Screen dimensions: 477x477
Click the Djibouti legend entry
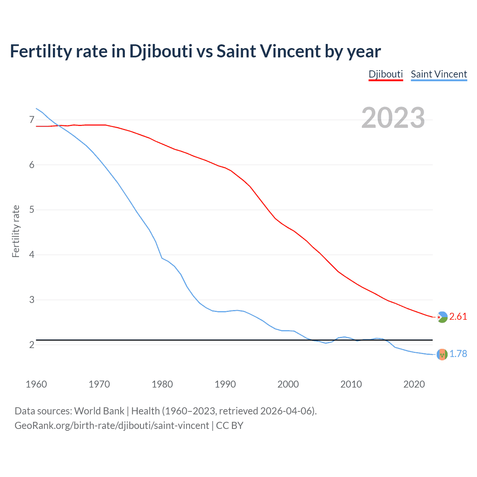[x=386, y=74]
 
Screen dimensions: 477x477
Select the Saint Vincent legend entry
[x=439, y=74]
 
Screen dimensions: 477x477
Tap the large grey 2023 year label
[x=393, y=118]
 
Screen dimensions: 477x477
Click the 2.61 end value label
[x=458, y=316]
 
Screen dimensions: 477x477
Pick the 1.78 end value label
[x=458, y=354]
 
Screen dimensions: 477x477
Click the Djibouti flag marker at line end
[x=442, y=317]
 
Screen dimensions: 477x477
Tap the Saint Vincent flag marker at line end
[x=442, y=354]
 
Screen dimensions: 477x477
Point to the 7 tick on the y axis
[x=32, y=120]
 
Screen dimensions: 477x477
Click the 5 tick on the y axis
[x=32, y=210]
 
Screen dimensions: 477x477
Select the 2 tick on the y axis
[x=32, y=345]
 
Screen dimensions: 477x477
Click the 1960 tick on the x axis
[x=36, y=384]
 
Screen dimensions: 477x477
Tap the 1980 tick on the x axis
[x=162, y=384]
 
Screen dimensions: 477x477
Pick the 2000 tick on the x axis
[x=288, y=384]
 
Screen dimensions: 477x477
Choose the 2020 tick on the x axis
[x=414, y=384]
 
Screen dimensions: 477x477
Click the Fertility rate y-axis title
[x=16, y=231]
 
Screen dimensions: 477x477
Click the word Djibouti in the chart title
[x=161, y=51]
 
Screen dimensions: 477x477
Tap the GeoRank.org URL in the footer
[x=112, y=426]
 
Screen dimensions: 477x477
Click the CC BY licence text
[x=230, y=426]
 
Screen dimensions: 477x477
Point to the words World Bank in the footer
[x=99, y=411]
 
